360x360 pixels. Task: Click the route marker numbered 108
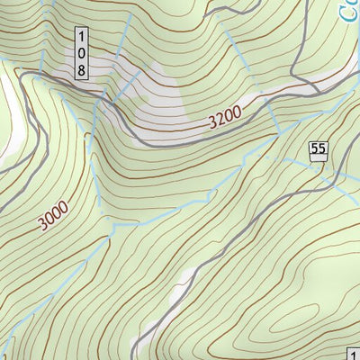pos(82,53)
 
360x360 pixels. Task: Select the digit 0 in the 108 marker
pos(82,52)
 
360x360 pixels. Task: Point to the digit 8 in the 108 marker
pos(82,68)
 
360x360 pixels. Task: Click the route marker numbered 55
pos(317,151)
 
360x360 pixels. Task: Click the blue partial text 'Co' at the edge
pos(349,11)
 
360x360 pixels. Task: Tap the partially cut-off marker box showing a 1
pos(353,352)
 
